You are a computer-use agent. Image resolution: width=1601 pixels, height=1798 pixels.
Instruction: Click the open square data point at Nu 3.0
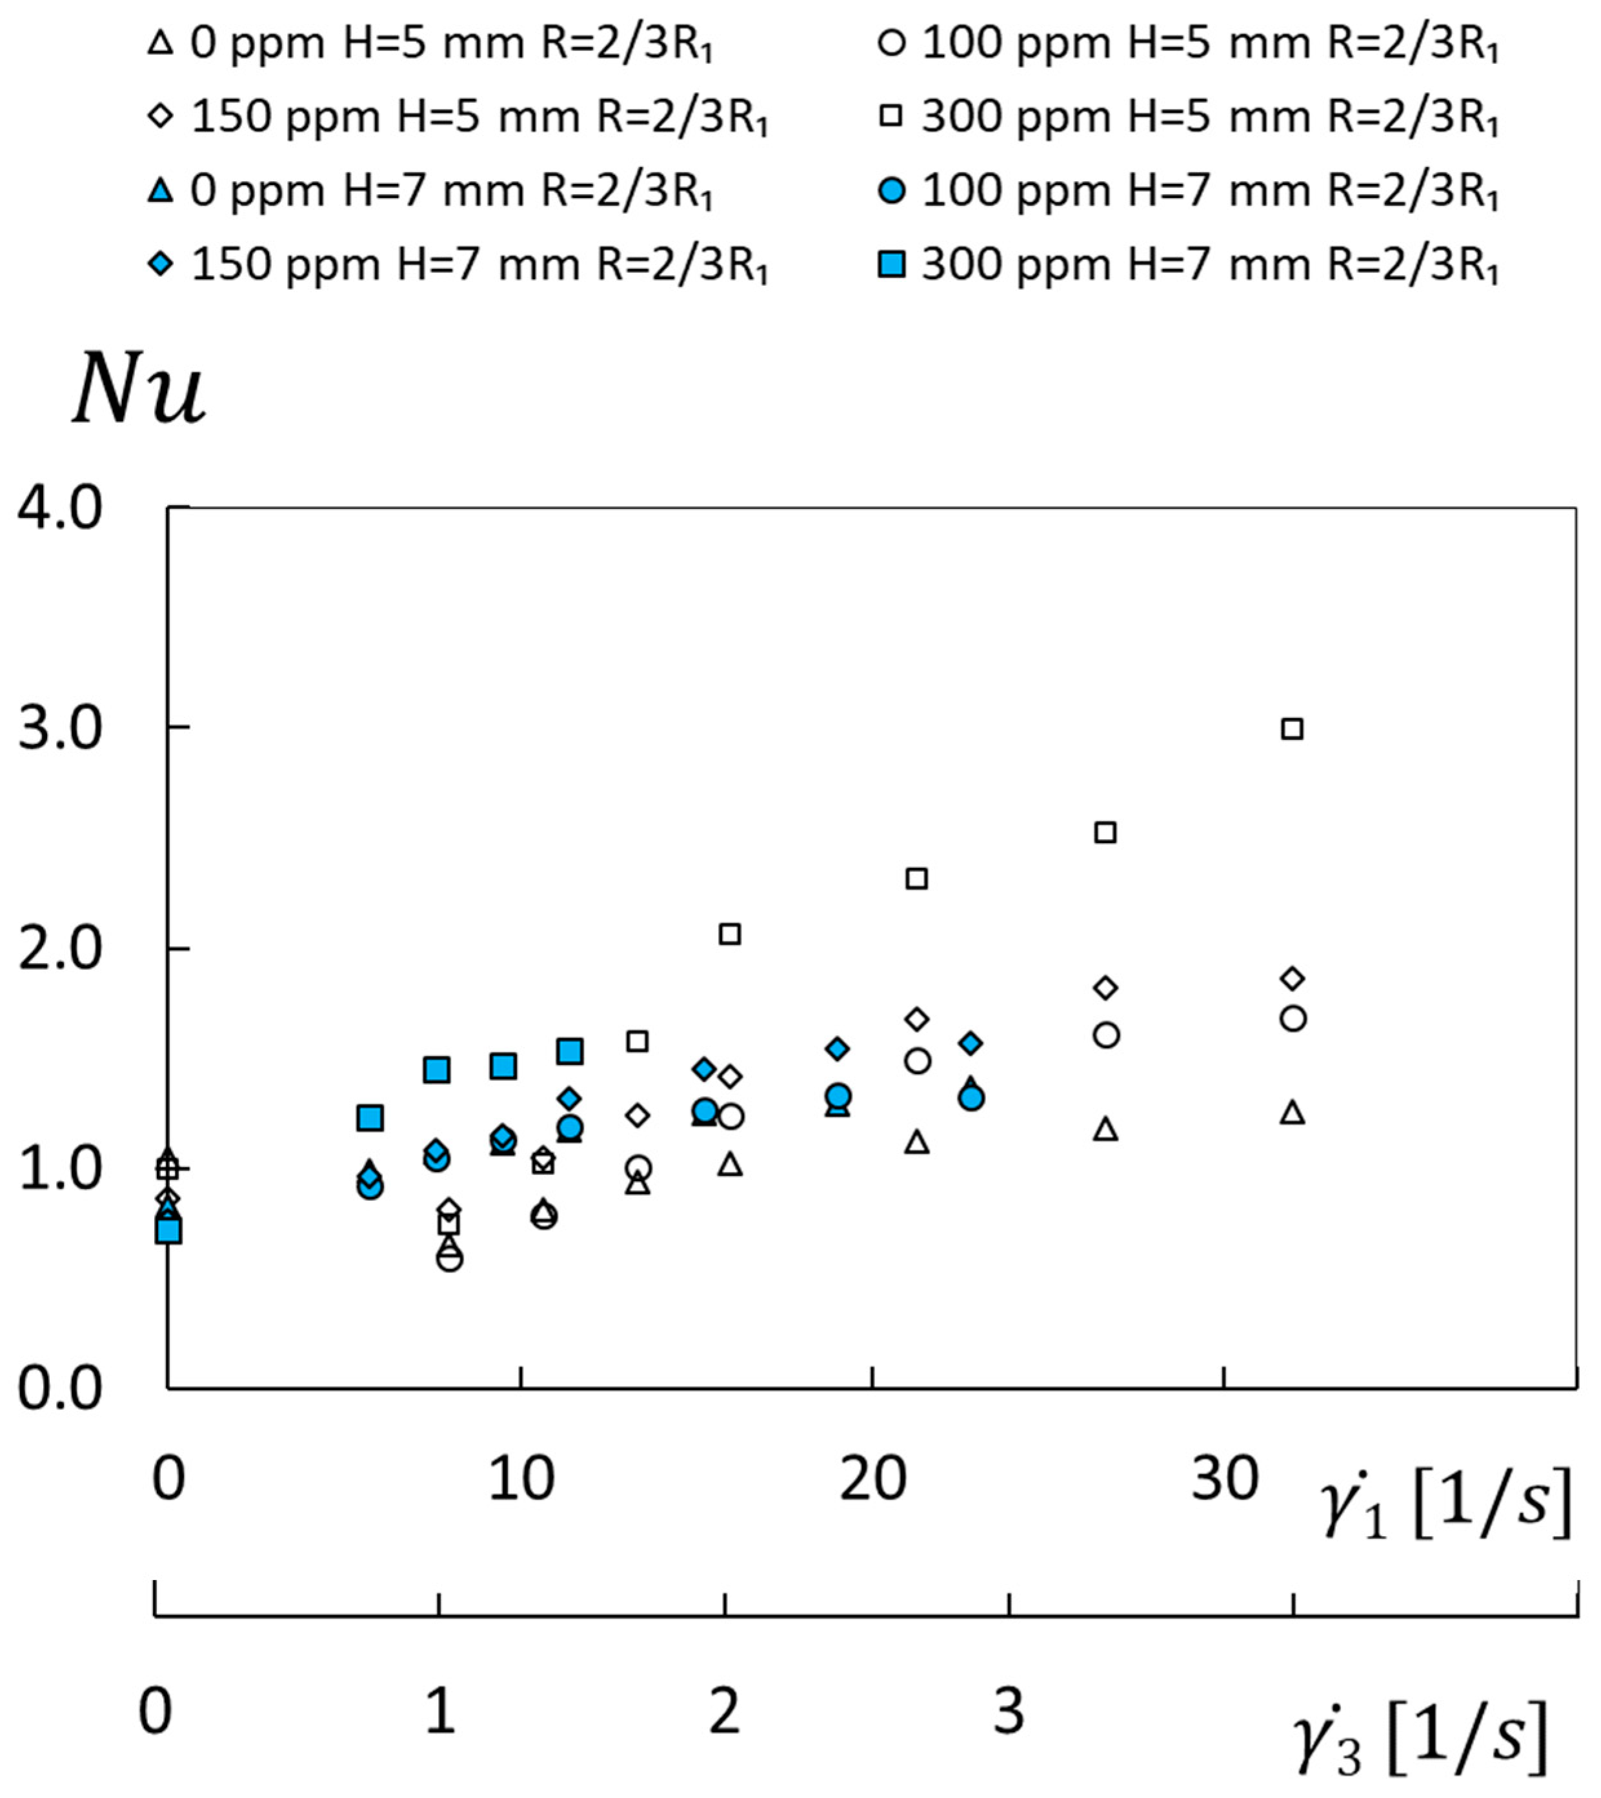click(1291, 728)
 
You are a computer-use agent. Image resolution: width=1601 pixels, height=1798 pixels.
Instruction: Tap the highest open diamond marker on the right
click(1291, 978)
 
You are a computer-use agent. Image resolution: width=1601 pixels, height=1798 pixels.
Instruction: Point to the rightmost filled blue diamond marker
click(971, 1043)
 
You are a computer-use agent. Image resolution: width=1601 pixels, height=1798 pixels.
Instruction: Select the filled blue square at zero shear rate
click(169, 1231)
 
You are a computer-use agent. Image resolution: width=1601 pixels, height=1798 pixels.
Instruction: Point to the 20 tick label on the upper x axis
click(872, 1479)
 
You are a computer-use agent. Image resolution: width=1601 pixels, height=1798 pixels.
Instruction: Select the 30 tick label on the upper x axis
click(1223, 1479)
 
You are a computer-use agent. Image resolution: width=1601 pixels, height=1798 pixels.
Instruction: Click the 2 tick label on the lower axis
click(724, 1712)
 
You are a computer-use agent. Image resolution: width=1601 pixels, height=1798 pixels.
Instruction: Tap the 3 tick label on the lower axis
click(1009, 1712)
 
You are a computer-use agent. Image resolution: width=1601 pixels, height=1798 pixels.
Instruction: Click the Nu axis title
click(139, 389)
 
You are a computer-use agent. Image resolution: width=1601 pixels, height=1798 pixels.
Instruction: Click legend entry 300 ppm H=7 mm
click(1192, 264)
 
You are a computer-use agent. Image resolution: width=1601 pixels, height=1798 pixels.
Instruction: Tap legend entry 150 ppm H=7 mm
click(459, 264)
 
